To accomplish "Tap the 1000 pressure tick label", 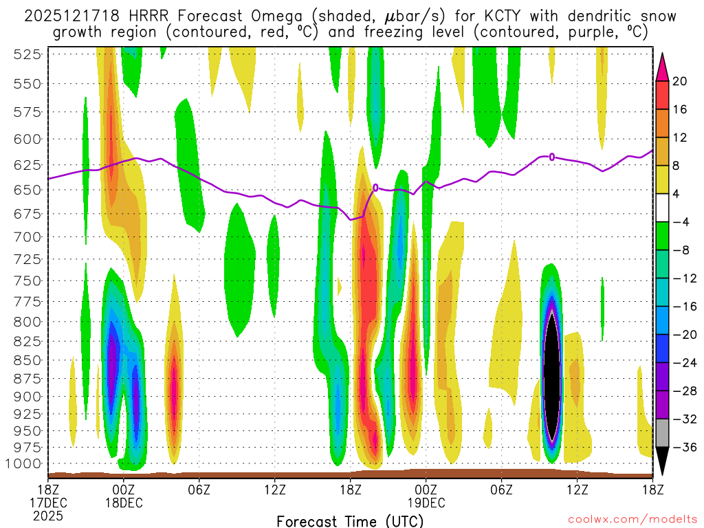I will tap(24, 463).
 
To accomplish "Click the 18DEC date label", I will tap(124, 502).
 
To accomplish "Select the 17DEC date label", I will tap(47, 502).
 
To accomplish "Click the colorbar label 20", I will tap(681, 81).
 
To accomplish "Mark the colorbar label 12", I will tap(681, 137).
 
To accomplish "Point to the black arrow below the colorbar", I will tap(662, 465).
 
